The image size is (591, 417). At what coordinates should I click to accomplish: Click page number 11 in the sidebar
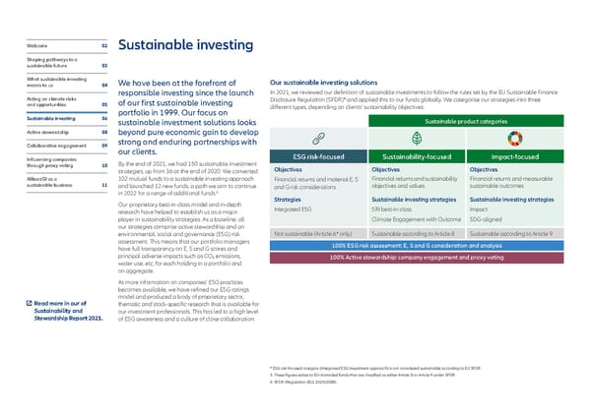[103, 184]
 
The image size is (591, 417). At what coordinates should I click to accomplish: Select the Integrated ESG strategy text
[293, 209]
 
